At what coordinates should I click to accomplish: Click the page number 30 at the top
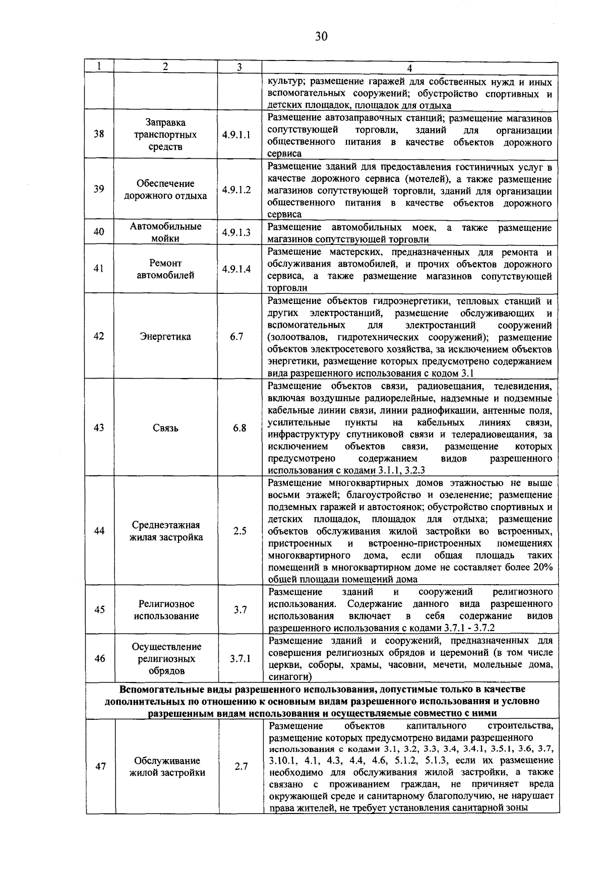(321, 36)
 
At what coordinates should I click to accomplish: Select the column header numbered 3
(239, 67)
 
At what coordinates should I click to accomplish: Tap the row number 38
(99, 135)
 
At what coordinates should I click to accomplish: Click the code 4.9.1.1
(236, 135)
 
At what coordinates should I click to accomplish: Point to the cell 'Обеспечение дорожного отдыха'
(165, 190)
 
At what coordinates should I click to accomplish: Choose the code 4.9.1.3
(236, 232)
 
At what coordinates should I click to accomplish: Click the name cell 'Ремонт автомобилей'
(165, 269)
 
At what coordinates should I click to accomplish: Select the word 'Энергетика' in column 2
(165, 337)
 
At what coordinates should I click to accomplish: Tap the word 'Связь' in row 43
(165, 428)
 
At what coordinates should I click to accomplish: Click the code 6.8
(239, 428)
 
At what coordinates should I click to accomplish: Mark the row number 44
(99, 531)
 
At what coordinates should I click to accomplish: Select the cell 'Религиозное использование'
(166, 610)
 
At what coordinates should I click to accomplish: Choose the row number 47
(100, 767)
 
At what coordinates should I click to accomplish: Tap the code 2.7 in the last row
(241, 767)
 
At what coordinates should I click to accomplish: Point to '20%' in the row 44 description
(541, 568)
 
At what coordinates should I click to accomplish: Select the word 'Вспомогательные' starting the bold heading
(160, 689)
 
